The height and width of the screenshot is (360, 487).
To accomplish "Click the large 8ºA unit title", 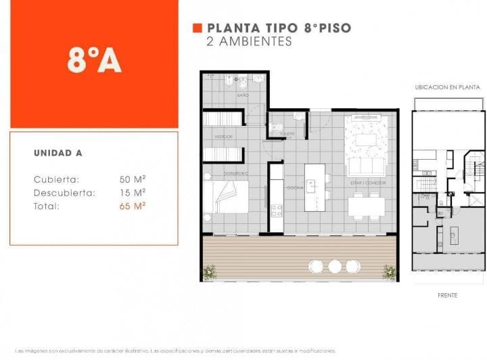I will click(94, 60).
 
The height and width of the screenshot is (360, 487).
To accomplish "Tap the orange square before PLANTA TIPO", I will click(198, 28).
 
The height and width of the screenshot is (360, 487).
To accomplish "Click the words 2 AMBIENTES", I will click(249, 41).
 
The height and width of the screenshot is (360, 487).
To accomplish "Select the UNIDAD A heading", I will click(58, 153).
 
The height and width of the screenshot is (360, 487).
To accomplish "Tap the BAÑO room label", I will click(242, 95).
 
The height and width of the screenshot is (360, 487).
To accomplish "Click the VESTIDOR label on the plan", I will click(224, 137).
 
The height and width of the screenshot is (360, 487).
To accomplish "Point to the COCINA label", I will click(295, 187).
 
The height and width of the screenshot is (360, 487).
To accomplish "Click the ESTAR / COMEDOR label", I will click(366, 182).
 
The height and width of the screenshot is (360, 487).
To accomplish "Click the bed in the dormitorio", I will click(227, 197).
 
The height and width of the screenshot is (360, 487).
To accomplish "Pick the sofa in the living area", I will click(366, 166).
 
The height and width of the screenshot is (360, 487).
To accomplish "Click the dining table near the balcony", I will click(367, 206).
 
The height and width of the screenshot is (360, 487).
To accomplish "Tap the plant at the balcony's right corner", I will click(390, 272).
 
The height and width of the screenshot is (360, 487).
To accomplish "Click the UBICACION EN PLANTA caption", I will click(447, 87).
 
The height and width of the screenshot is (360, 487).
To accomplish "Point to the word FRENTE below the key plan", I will click(447, 295).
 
